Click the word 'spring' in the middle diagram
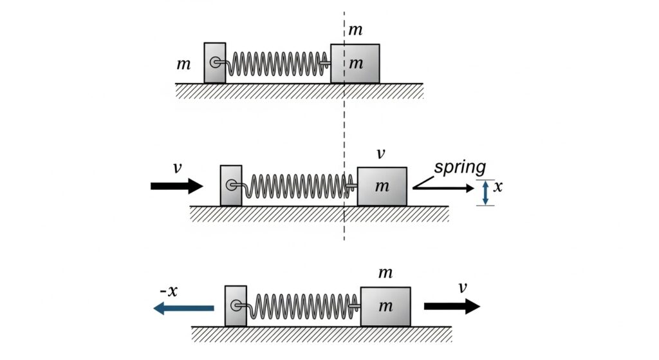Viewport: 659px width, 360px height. pyautogui.click(x=459, y=167)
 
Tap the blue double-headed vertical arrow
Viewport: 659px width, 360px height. pyautogui.click(x=485, y=193)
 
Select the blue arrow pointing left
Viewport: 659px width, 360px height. pyautogui.click(x=183, y=309)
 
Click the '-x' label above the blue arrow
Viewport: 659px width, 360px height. pyautogui.click(x=169, y=290)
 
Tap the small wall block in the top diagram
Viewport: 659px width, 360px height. pyautogui.click(x=215, y=62)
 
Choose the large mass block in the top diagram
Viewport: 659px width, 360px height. pyautogui.click(x=355, y=64)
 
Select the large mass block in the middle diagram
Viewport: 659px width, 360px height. pyautogui.click(x=382, y=186)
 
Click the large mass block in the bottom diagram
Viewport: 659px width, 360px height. pyautogui.click(x=385, y=307)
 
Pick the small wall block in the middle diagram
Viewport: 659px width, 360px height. pyautogui.click(x=231, y=185)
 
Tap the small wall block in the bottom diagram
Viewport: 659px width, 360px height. pyautogui.click(x=236, y=305)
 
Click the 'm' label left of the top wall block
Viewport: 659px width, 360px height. pyautogui.click(x=183, y=64)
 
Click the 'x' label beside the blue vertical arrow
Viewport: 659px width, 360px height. pyautogui.click(x=498, y=189)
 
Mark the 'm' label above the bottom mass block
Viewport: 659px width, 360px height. pyautogui.click(x=385, y=273)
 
